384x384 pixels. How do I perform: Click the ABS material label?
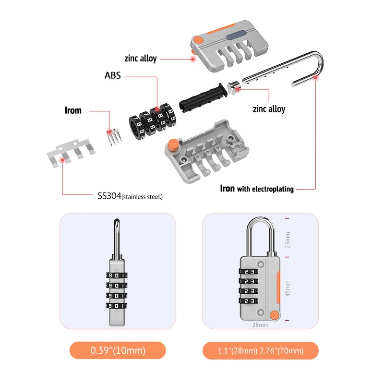(113, 75)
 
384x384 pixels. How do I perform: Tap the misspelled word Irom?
(73, 110)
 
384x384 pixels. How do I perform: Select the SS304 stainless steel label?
(130, 195)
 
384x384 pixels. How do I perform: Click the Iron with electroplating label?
(257, 189)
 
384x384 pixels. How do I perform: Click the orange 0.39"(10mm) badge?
(118, 350)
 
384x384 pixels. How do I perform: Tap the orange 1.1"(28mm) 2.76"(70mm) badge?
(260, 350)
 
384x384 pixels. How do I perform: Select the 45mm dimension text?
(288, 288)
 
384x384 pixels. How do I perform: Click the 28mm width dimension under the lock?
(260, 324)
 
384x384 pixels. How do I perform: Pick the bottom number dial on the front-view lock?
(249, 301)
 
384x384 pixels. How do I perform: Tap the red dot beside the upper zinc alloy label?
(193, 59)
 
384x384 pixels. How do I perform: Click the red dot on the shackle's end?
(315, 81)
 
